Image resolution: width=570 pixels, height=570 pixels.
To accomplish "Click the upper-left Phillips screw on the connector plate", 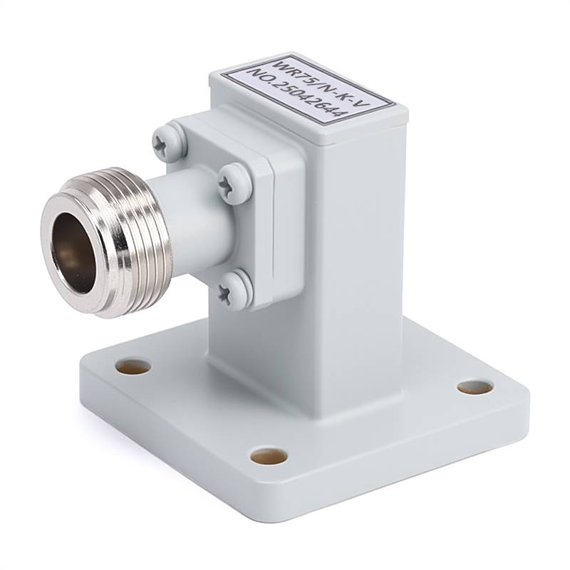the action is point(166,142).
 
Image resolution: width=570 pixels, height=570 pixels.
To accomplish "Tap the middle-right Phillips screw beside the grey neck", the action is point(234,183).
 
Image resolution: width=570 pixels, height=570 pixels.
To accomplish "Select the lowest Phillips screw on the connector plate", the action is point(234,290).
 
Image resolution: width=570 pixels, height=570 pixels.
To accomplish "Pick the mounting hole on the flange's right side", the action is point(475,388).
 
